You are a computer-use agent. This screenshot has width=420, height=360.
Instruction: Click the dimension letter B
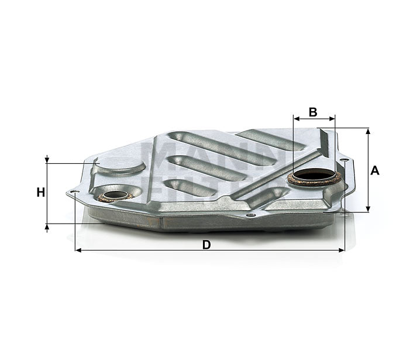click(313, 112)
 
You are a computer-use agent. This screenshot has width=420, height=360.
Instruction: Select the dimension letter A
click(375, 170)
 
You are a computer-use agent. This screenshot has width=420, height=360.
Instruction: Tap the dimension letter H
click(40, 192)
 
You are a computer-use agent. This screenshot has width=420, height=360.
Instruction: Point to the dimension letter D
click(206, 245)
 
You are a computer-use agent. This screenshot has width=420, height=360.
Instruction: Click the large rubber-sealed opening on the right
click(315, 176)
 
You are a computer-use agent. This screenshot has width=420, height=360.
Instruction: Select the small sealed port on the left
click(115, 195)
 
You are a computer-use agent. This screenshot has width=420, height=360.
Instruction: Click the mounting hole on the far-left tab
click(73, 191)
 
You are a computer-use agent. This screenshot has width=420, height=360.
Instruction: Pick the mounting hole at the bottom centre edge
click(251, 215)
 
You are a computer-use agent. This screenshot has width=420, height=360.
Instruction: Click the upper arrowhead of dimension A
click(368, 132)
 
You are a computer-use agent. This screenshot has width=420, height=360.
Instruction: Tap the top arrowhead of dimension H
click(47, 160)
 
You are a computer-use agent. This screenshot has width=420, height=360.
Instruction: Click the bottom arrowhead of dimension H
click(47, 227)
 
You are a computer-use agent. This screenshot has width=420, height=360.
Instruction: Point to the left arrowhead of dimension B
click(296, 118)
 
